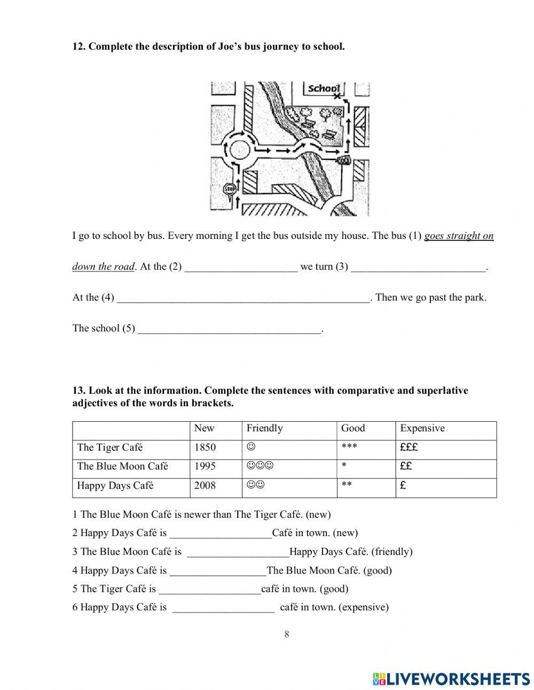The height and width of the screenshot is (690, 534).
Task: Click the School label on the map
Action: pos(324,89)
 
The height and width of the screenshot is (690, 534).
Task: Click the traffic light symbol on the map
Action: pos(344,160)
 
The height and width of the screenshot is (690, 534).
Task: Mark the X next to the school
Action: pos(336,97)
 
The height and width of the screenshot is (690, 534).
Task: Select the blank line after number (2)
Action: pos(241,267)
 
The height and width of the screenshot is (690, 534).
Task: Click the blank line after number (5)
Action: pos(230,329)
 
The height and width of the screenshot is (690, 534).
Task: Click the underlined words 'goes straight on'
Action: pos(459,236)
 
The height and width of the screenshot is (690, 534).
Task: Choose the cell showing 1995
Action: pos(205,466)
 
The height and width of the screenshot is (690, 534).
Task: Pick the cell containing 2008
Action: pos(205,485)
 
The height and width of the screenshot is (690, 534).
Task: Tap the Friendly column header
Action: pos(264,428)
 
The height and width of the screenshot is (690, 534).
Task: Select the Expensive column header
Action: pos(422,428)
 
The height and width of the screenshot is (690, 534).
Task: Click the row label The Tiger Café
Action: pos(110,447)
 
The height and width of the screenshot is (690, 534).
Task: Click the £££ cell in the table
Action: pos(409,447)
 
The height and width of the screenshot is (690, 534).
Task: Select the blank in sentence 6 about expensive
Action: pos(224,608)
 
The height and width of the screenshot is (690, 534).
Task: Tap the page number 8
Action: pos(287,634)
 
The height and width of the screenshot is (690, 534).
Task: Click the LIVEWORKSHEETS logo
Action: pos(451,678)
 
